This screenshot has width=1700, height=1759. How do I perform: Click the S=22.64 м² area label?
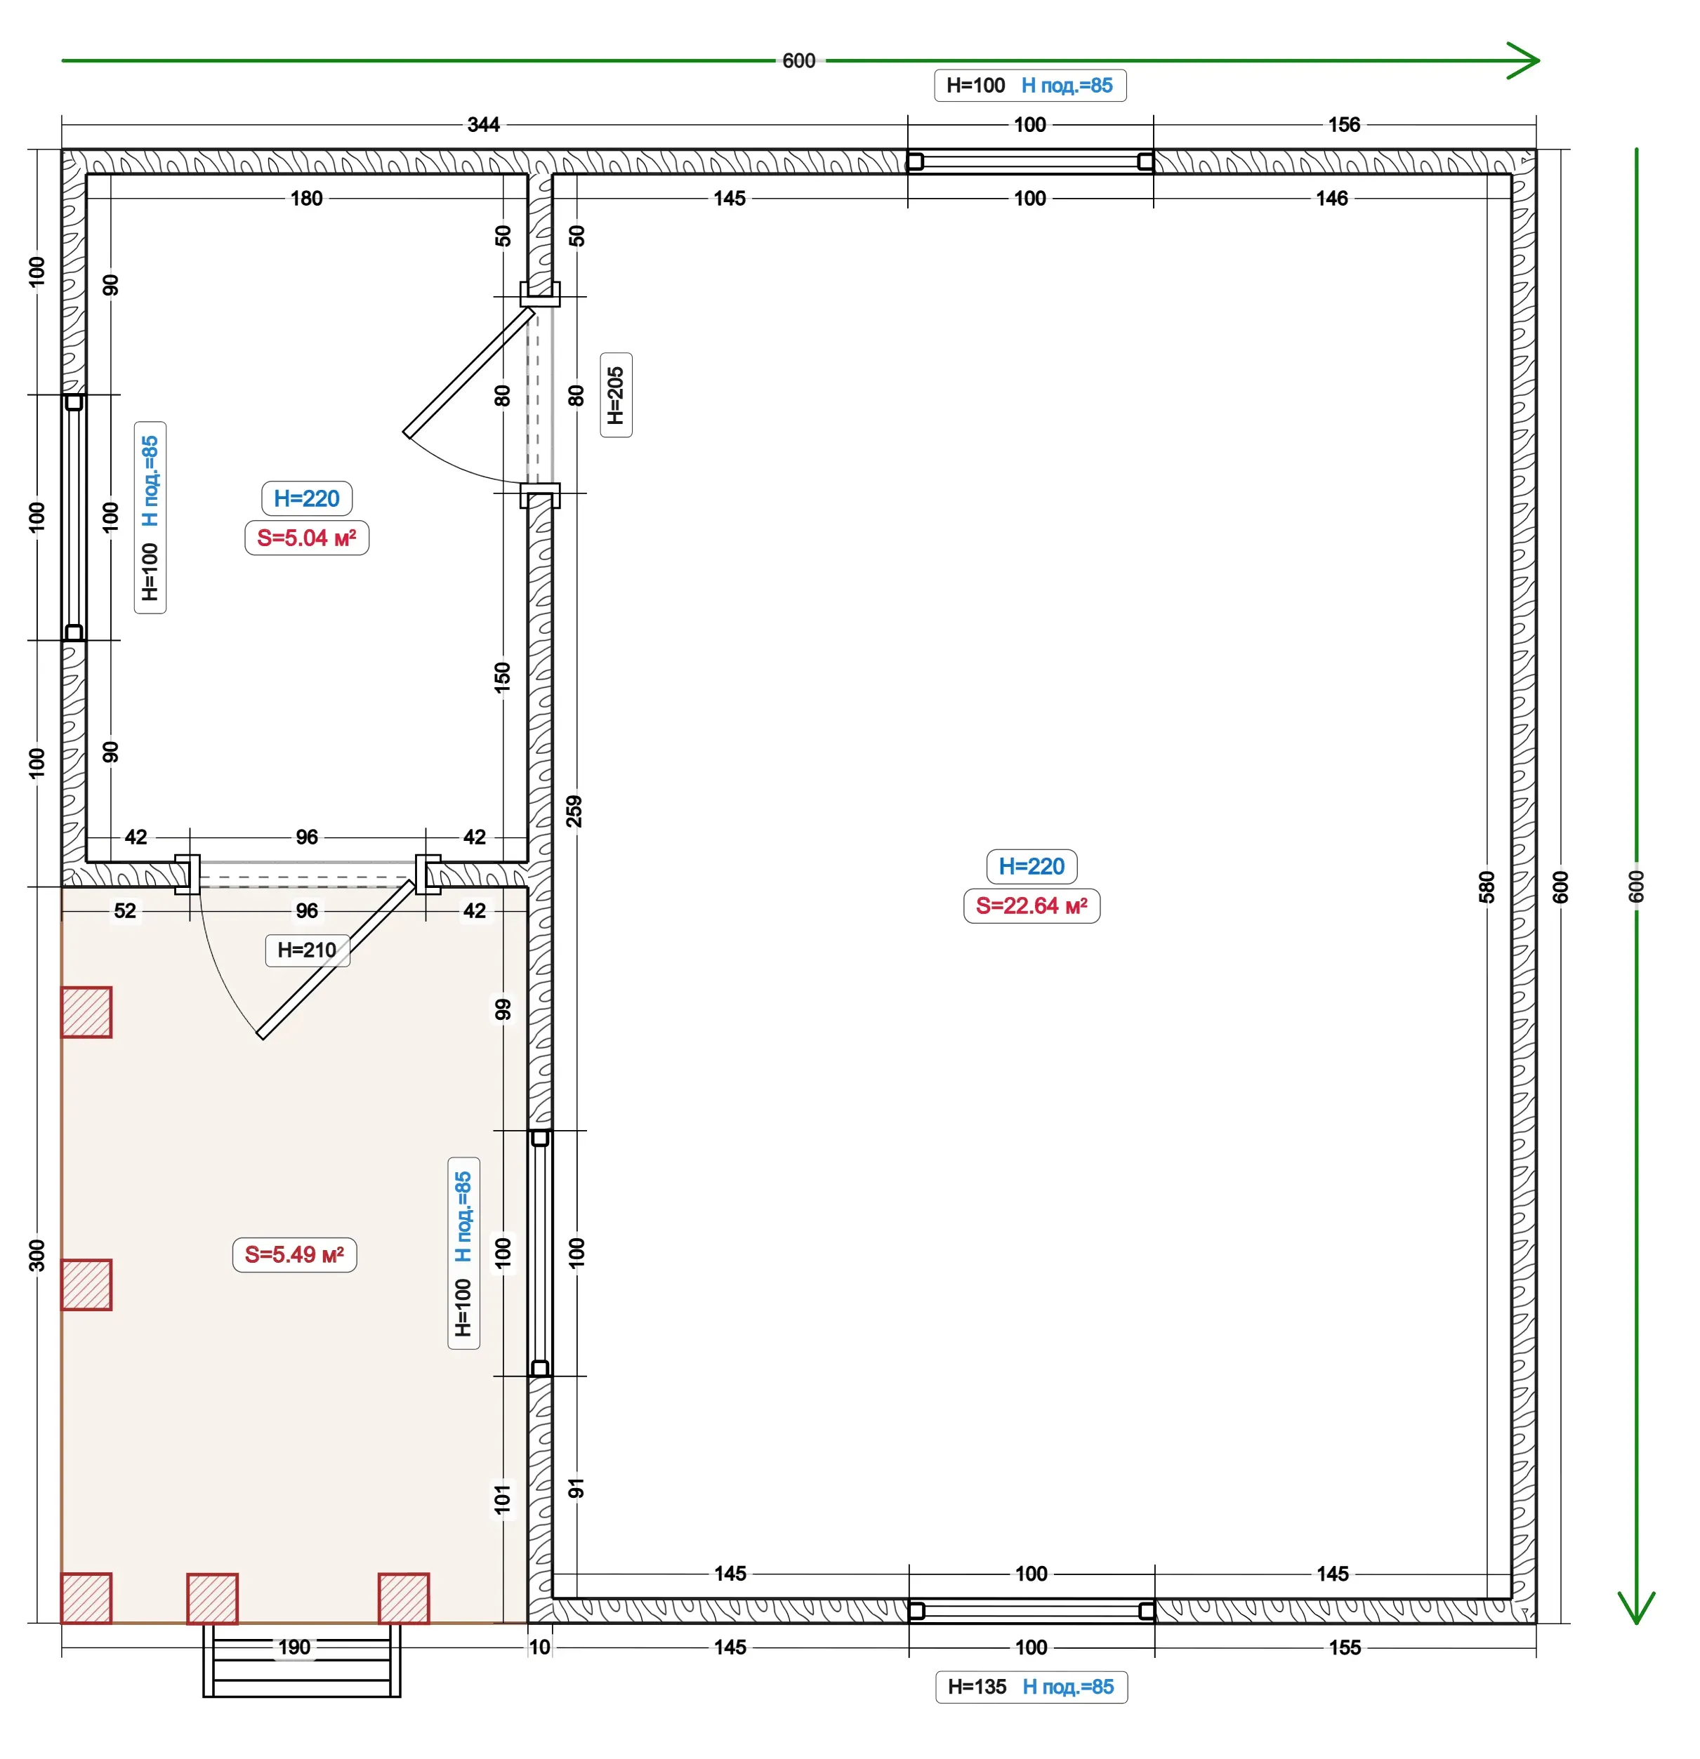[x=1032, y=905]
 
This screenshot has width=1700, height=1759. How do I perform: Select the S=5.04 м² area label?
[x=306, y=538]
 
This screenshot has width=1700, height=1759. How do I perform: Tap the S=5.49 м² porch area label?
[x=294, y=1254]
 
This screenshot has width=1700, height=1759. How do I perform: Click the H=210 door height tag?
[x=307, y=950]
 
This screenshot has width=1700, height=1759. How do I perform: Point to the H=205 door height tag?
[x=616, y=395]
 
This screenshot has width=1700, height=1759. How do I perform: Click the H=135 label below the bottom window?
[x=977, y=1686]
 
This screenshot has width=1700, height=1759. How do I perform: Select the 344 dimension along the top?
[x=484, y=125]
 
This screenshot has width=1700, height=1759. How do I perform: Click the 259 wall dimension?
[x=574, y=811]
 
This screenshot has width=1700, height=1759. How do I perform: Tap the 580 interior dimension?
[x=1487, y=887]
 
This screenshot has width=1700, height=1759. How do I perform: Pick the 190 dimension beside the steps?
[x=294, y=1647]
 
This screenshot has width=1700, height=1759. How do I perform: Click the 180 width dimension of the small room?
[x=306, y=199]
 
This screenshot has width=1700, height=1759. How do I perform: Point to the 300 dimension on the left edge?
[x=37, y=1254]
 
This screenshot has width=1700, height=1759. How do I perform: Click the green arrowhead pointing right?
[x=1524, y=61]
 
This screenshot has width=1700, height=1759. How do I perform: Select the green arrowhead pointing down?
[x=1636, y=1607]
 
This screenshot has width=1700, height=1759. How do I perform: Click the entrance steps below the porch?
[x=301, y=1660]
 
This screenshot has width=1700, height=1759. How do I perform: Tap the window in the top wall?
[x=1030, y=161]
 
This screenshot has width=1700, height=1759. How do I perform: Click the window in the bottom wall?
[x=1032, y=1611]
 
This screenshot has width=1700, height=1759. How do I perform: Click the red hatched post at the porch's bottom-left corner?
[x=86, y=1598]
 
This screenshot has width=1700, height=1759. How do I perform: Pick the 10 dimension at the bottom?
[x=539, y=1647]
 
